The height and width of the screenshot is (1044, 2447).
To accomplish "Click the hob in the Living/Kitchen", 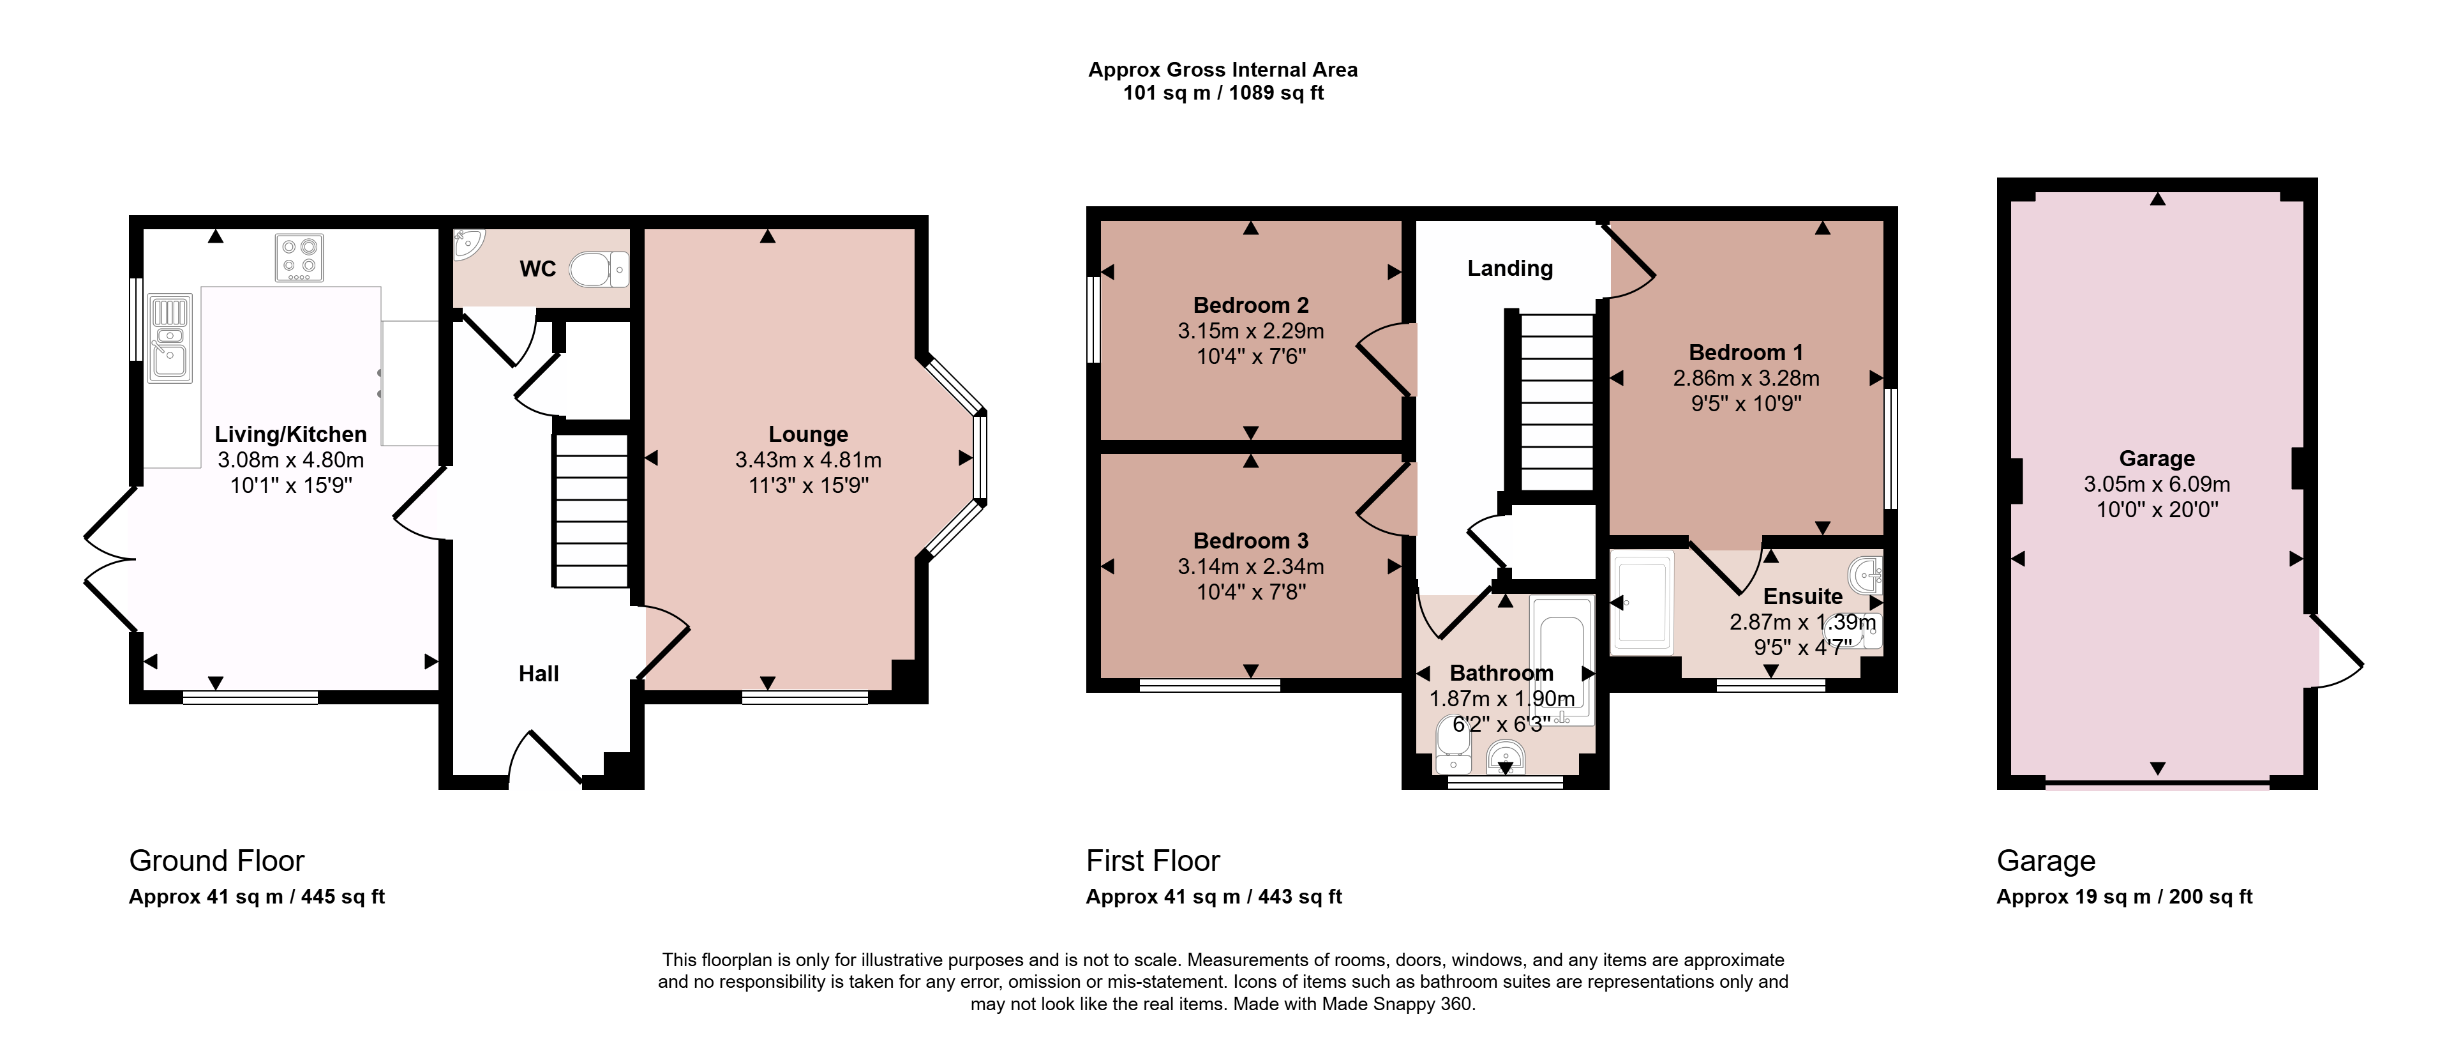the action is [299, 257].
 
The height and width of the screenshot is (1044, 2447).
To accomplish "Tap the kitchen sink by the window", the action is [170, 338].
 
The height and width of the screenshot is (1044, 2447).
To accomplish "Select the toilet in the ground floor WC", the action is [599, 270].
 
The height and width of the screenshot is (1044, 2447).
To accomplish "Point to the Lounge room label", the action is [809, 434].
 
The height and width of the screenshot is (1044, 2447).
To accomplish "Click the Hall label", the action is [539, 674].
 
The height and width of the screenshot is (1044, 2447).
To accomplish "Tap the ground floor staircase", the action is [591, 511].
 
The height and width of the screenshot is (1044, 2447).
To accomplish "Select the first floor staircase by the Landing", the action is [1557, 402].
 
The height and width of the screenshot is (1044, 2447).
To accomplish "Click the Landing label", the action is [1510, 269].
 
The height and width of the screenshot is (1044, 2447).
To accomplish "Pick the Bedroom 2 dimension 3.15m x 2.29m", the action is [1251, 331].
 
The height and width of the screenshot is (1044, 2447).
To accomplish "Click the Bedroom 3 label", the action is [1251, 541].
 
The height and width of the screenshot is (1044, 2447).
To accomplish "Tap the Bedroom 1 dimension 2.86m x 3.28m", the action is [1746, 378].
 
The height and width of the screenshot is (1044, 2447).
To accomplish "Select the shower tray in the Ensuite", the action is [1642, 602].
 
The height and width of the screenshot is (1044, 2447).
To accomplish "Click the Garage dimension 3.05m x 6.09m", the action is [2157, 483].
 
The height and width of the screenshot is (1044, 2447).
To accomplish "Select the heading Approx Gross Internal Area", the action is [1223, 70].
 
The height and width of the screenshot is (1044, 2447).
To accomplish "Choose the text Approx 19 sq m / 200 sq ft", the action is [2124, 896].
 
